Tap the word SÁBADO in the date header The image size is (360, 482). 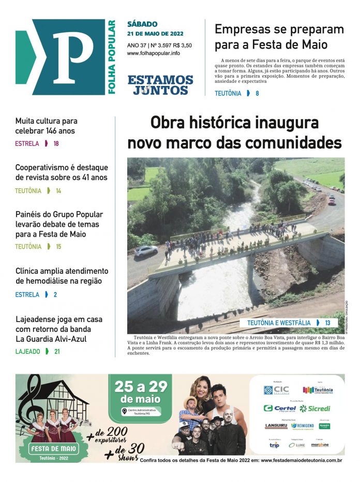(x=142, y=24)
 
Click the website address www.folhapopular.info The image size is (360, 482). (x=154, y=53)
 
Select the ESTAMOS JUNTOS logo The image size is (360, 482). (x=160, y=85)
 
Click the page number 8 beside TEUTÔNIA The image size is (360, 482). (x=257, y=94)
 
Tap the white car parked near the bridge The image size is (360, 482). (x=146, y=250)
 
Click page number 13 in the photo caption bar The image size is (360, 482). (x=327, y=323)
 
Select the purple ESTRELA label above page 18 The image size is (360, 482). (x=27, y=143)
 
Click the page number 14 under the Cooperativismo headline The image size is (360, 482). (x=58, y=191)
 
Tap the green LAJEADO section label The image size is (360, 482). (x=27, y=351)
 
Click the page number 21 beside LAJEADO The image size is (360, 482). (x=57, y=351)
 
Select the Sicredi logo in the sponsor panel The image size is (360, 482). (x=315, y=408)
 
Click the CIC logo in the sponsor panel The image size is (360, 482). (x=276, y=390)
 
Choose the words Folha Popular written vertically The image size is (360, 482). (x=111, y=57)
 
